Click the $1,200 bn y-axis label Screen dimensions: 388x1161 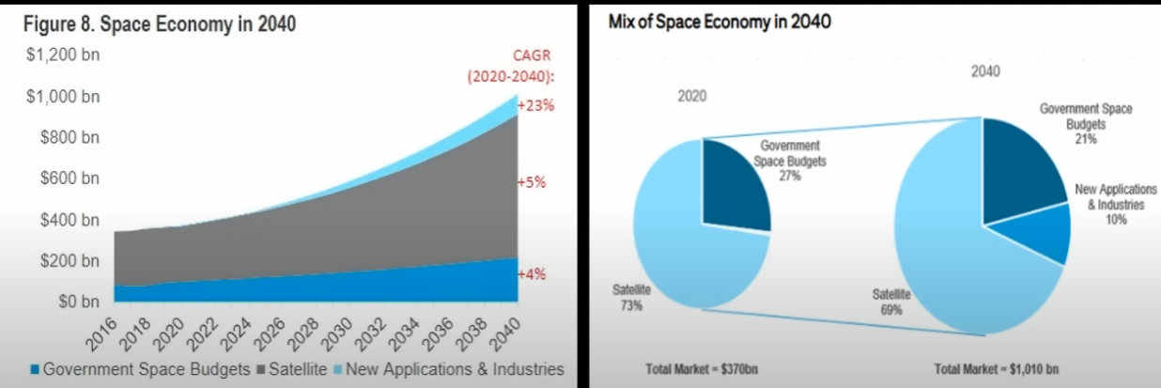pos(63,55)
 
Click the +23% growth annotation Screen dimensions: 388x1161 pos(535,105)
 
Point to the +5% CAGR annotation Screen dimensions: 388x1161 pos(533,182)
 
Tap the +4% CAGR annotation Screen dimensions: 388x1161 pos(533,274)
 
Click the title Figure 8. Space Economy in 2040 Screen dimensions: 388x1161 pos(160,24)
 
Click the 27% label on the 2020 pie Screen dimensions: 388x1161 pos(789,176)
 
